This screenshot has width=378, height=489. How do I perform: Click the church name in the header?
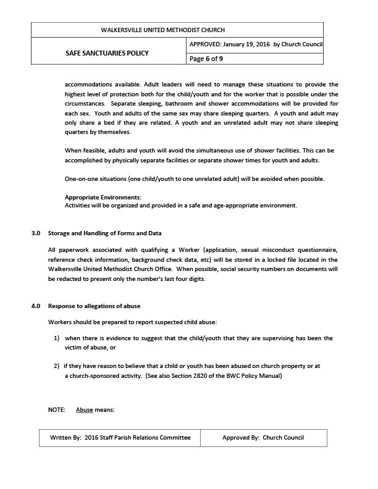(176, 30)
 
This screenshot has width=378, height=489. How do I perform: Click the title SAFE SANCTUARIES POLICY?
(107, 53)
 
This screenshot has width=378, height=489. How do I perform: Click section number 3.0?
(36, 233)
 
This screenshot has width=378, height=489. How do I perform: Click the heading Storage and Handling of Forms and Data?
(104, 233)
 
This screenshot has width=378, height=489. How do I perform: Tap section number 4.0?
(36, 306)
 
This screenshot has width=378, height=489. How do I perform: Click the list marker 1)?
(56, 338)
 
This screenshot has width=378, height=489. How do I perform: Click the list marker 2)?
(56, 366)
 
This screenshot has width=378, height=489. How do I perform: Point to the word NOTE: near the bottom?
(56, 410)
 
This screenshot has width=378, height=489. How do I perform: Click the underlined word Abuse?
(84, 410)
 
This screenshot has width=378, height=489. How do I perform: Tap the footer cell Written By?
(116, 438)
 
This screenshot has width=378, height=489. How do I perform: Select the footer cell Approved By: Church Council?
(263, 438)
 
